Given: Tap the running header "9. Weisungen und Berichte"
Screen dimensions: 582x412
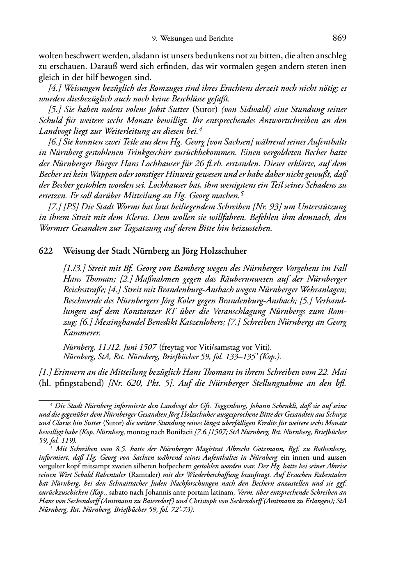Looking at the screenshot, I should (x=192, y=39).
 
